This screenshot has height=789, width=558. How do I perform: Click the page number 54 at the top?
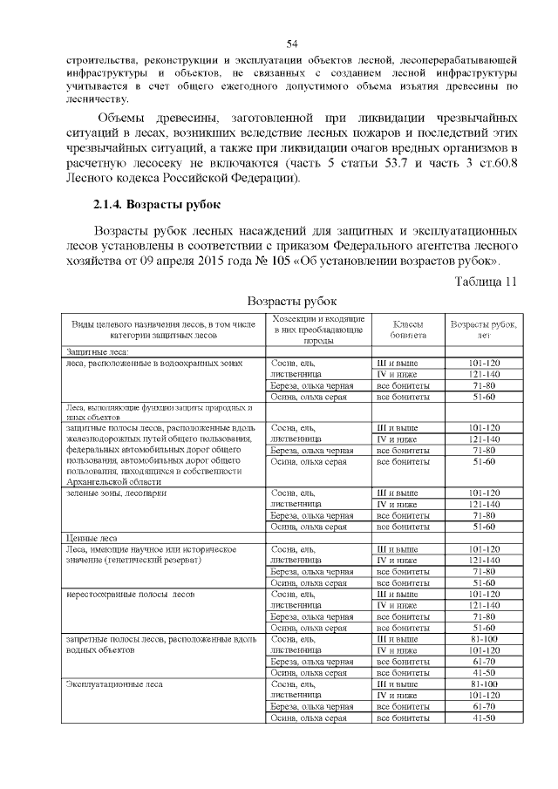(x=292, y=44)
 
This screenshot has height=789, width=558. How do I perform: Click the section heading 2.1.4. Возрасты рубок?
(x=156, y=206)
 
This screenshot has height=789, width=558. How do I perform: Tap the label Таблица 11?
(x=487, y=281)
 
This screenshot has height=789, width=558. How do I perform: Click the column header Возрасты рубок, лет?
(x=483, y=328)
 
